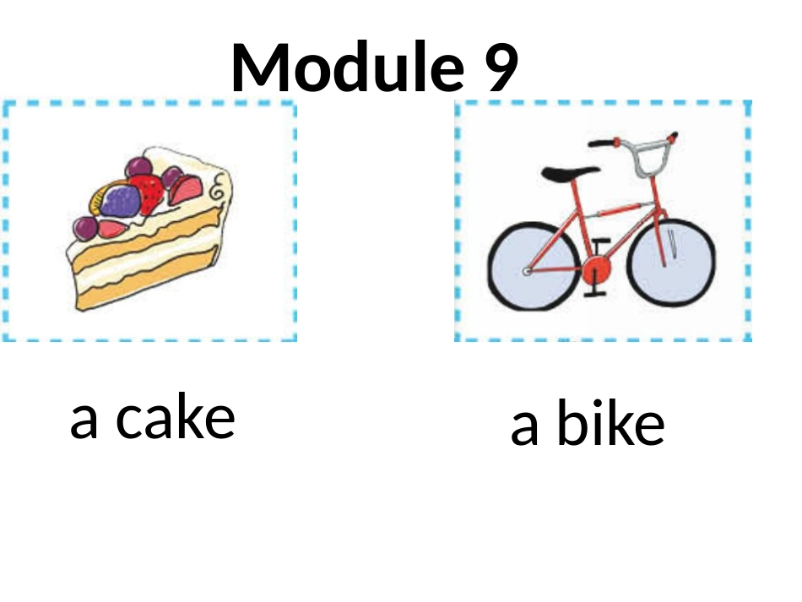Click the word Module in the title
pos(345,68)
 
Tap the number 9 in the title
pos(501,68)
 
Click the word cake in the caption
pos(175,418)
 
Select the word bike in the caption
pos(610,426)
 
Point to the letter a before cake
pos(84,420)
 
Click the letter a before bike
pos(524,428)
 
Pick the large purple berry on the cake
pos(122,201)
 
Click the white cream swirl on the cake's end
pos(219,186)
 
